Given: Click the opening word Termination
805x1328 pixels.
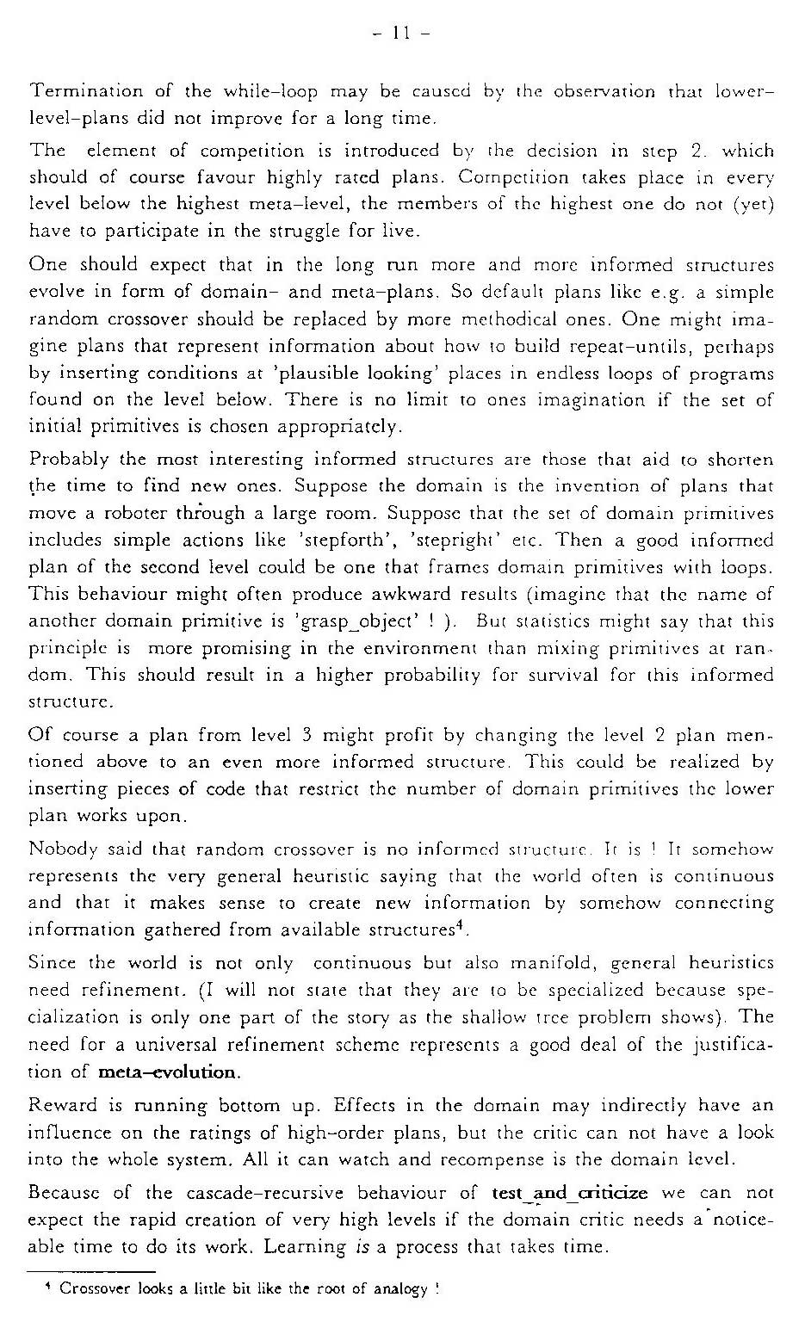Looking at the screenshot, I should tap(84, 90).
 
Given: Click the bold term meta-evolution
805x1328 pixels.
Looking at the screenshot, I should tap(168, 1072).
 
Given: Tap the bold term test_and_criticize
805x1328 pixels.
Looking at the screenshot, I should tap(569, 1193).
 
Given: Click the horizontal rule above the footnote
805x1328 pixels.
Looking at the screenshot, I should tap(90, 1270).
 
